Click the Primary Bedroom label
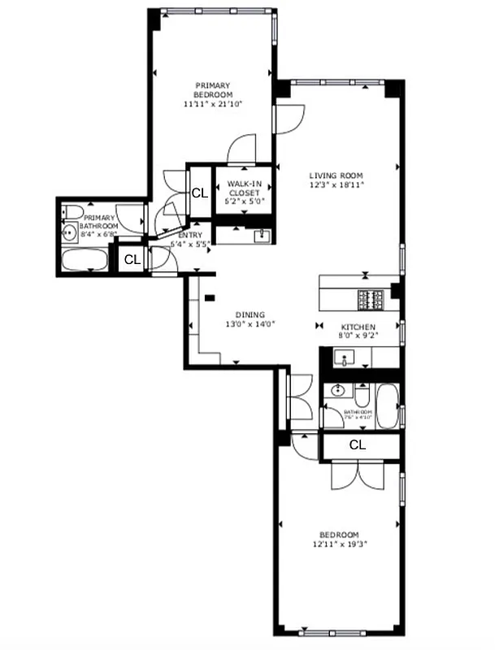click(212, 90)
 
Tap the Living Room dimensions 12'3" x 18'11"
click(335, 185)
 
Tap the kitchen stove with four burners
click(371, 299)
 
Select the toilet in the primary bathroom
click(70, 213)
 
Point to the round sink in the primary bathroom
click(71, 235)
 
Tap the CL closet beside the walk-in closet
click(198, 193)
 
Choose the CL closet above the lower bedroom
click(357, 445)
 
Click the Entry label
click(189, 235)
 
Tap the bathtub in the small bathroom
click(387, 404)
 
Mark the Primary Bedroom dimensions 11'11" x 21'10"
click(213, 104)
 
